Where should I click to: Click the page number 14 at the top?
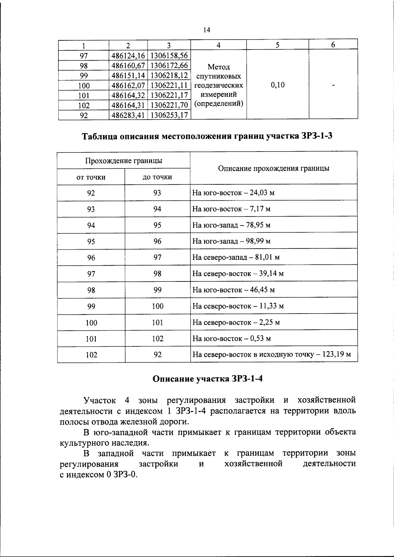(x=207, y=30)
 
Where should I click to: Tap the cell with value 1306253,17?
(x=169, y=115)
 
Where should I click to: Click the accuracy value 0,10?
(x=277, y=85)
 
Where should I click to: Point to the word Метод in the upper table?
(x=219, y=67)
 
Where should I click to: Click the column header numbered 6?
(x=333, y=45)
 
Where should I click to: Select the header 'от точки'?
(x=91, y=177)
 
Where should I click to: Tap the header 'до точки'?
(x=157, y=177)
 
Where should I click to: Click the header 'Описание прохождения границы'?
(x=274, y=169)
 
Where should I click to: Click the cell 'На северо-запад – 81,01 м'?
(x=236, y=258)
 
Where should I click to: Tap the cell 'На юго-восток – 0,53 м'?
(x=231, y=339)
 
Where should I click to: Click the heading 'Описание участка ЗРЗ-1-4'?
(x=208, y=379)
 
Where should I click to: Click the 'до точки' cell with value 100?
(x=158, y=306)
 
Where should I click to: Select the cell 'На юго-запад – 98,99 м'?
(x=231, y=241)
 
